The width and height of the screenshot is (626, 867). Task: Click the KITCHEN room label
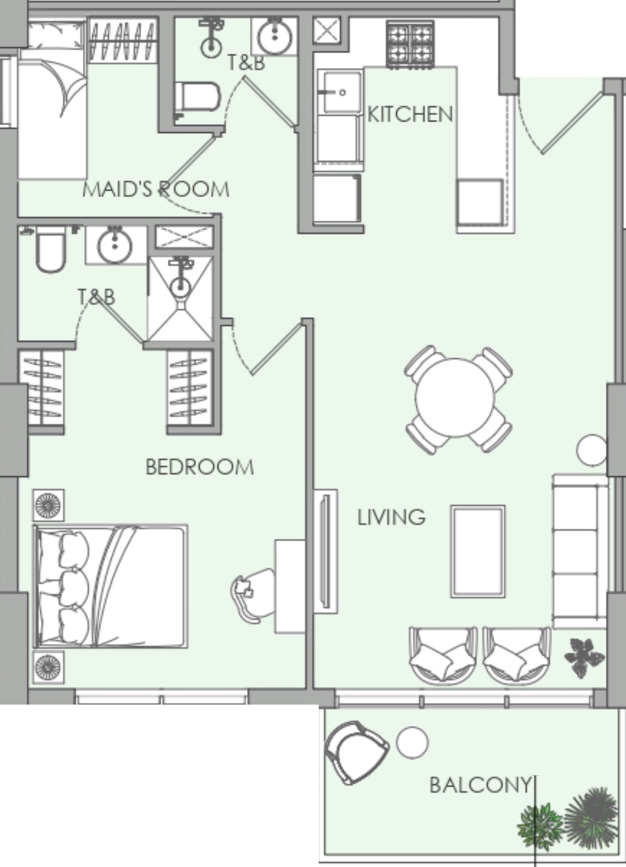(x=410, y=114)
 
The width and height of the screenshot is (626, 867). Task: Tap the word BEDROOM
(x=200, y=467)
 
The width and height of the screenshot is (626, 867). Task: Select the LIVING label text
(x=391, y=517)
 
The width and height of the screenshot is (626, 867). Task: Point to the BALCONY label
(x=480, y=785)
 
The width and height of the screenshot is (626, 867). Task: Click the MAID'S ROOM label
(x=156, y=189)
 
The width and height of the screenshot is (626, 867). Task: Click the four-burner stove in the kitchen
(x=410, y=45)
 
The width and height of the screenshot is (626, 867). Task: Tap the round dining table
(x=455, y=398)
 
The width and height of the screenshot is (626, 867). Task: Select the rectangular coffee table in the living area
(x=478, y=551)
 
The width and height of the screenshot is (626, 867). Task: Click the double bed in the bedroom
(x=111, y=587)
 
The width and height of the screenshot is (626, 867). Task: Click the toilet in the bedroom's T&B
(x=50, y=249)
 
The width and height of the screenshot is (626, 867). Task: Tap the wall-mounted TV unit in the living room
(x=325, y=551)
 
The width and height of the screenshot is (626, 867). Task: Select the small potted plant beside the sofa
(x=584, y=658)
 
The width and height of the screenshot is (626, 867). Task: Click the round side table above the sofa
(x=591, y=450)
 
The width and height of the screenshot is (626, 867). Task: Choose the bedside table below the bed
(x=49, y=668)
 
